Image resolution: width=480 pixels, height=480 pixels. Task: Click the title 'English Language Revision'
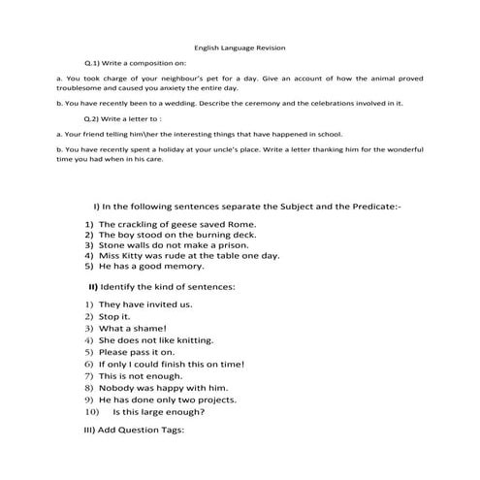point(240,47)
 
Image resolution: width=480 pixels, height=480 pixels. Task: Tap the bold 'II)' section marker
point(93,287)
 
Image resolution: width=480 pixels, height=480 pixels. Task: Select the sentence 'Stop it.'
point(113,316)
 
